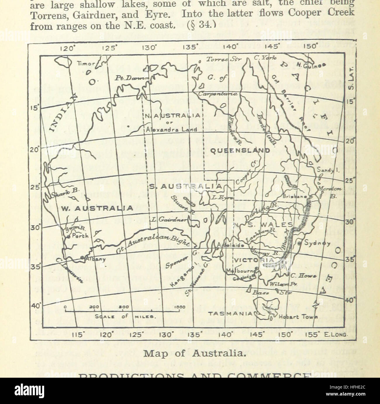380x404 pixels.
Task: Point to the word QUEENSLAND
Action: coord(240,151)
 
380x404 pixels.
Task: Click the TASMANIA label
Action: coord(230,313)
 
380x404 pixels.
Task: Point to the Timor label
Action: coord(86,63)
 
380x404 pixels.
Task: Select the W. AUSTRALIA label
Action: coord(97,208)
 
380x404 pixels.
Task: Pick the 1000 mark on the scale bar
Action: coord(180,307)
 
